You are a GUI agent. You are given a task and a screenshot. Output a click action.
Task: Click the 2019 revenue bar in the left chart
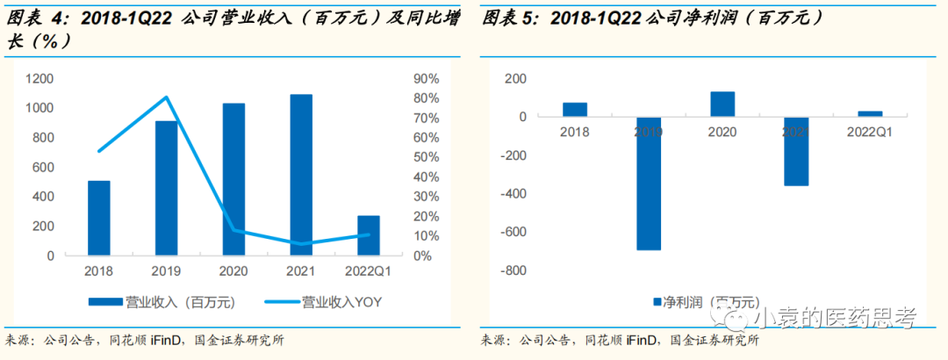pyautogui.click(x=166, y=188)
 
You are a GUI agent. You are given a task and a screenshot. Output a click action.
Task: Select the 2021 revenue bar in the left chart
pyautogui.click(x=301, y=175)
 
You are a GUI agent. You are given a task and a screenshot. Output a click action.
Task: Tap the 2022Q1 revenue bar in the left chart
pyautogui.click(x=369, y=235)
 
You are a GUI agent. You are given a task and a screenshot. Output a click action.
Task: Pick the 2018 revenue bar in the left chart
pyautogui.click(x=99, y=218)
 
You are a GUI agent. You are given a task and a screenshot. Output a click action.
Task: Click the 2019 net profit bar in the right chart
pyautogui.click(x=649, y=184)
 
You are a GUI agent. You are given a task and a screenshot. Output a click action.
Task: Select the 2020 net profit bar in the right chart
pyautogui.click(x=722, y=104)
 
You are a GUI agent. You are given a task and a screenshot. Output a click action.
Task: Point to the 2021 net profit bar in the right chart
pyautogui.click(x=796, y=151)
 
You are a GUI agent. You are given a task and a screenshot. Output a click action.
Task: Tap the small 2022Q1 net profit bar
pyautogui.click(x=870, y=114)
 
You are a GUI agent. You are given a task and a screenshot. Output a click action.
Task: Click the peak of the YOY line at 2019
pyautogui.click(x=167, y=97)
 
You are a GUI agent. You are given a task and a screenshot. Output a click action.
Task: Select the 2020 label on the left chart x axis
pyautogui.click(x=233, y=270)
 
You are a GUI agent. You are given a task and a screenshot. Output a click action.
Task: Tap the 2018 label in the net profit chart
pyautogui.click(x=575, y=132)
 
